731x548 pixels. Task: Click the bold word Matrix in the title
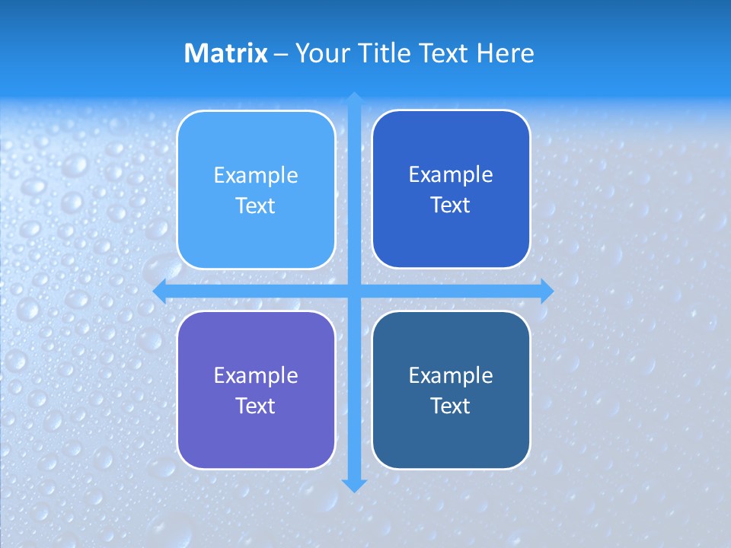[226, 53]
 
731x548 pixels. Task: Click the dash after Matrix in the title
[281, 54]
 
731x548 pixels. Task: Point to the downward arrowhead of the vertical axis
[354, 486]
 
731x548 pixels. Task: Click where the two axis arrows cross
[354, 291]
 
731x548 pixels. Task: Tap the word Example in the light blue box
[256, 176]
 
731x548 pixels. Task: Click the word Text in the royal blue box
[451, 205]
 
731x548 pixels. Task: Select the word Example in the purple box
[256, 376]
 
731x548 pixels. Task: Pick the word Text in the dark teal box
[451, 406]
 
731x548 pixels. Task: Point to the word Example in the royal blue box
[451, 175]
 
